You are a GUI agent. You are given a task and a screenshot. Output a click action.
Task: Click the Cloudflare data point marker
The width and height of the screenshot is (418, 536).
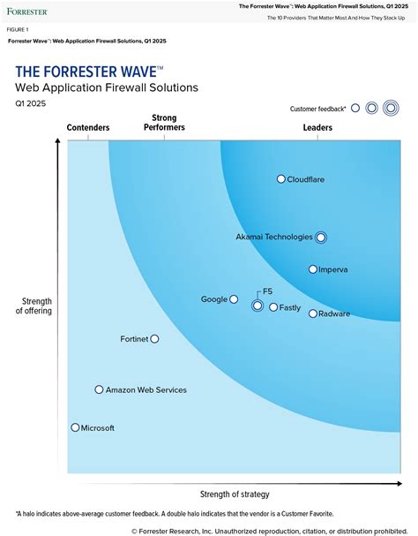(x=281, y=179)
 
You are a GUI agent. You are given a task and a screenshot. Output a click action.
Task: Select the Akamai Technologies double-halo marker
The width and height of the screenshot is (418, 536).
(x=321, y=237)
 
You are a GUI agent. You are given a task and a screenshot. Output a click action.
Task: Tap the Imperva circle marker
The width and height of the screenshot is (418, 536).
(x=313, y=269)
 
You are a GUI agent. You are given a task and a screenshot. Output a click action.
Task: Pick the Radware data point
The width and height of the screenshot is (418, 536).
(x=313, y=313)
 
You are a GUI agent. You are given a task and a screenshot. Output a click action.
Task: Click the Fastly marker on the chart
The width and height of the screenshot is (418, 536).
(x=273, y=307)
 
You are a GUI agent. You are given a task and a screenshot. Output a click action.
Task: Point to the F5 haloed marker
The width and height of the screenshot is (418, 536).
(x=257, y=306)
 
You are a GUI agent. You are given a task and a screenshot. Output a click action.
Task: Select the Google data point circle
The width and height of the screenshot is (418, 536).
(x=234, y=299)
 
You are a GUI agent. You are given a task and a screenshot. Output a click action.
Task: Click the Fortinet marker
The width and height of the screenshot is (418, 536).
(x=154, y=338)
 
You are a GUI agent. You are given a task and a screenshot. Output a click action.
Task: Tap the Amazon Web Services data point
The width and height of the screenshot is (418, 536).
(x=99, y=389)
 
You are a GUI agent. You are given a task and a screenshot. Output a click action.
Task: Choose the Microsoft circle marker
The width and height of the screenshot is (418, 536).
(x=75, y=427)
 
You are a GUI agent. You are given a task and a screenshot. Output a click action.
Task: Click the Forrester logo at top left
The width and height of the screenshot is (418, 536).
(x=27, y=11)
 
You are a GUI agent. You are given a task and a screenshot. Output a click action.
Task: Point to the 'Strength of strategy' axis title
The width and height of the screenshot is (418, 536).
(x=235, y=494)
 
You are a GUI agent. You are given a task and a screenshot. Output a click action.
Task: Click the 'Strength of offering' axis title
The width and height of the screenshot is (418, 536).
(x=36, y=306)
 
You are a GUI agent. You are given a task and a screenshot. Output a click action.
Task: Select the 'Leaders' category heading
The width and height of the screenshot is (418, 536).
(x=317, y=128)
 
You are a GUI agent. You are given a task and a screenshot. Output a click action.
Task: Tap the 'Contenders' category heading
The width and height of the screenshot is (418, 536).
(x=88, y=128)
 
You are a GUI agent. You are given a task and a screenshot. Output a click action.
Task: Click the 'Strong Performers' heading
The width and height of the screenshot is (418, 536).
(x=164, y=123)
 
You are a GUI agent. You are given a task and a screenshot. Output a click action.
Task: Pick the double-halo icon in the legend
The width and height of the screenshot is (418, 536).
(x=390, y=108)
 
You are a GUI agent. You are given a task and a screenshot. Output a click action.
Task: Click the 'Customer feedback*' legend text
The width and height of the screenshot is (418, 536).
(x=317, y=109)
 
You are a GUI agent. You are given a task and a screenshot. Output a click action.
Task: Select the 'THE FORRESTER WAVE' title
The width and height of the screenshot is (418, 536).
(x=88, y=72)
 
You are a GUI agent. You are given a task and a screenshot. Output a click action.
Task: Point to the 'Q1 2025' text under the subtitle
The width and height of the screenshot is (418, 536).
(x=30, y=103)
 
